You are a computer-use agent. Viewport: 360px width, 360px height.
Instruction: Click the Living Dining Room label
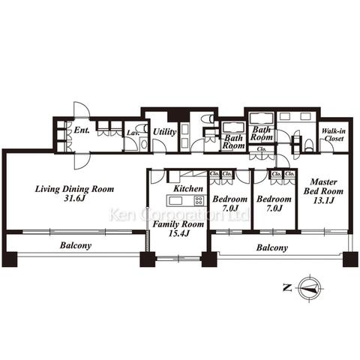point(74,189)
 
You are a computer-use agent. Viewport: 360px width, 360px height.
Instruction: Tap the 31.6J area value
point(75,199)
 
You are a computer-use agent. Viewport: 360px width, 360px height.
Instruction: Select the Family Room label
point(178,224)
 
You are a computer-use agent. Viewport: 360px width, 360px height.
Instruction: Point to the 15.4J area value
point(178,233)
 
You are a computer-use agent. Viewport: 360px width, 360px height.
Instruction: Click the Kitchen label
point(188,189)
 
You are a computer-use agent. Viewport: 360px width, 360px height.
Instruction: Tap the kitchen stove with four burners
point(199,200)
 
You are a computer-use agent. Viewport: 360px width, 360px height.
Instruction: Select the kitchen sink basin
point(175,200)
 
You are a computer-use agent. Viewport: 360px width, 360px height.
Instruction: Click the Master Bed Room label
point(323,187)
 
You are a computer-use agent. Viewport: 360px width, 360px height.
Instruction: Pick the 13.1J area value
point(323,200)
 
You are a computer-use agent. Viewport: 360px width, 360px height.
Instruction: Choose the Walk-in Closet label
point(334,135)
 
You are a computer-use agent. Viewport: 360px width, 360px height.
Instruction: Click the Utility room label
point(164,132)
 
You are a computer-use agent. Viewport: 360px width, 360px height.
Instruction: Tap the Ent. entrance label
point(82,130)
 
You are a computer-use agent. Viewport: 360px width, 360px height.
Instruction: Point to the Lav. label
point(133,133)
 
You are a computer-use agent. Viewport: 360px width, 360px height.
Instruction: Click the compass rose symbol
point(310,288)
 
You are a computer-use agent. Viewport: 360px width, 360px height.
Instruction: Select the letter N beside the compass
point(287,288)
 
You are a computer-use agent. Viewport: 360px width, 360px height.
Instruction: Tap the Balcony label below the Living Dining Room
point(76,245)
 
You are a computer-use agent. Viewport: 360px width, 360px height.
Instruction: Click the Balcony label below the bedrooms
point(272,247)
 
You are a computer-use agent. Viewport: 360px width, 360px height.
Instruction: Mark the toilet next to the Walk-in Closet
point(309,145)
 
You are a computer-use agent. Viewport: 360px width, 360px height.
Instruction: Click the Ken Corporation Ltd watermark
point(179,214)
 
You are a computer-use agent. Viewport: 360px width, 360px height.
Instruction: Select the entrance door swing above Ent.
point(81,109)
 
